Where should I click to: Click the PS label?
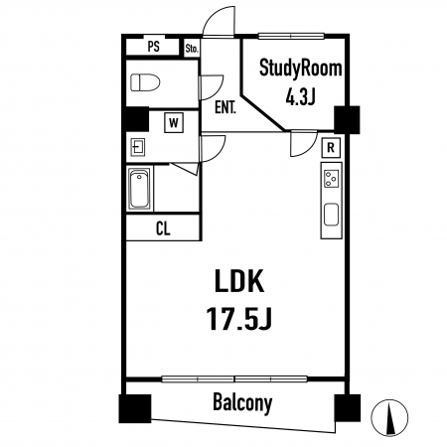point(153,47)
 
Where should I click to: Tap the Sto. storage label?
point(192,49)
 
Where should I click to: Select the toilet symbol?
point(145,82)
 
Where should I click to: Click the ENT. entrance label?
point(225,107)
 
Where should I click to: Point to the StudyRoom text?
point(300,68)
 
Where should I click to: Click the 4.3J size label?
point(300,97)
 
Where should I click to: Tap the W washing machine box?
point(174,123)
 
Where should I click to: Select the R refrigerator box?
point(331,148)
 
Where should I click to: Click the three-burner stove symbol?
point(331,179)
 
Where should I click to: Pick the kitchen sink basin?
point(331,215)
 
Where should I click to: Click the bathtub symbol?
point(139,189)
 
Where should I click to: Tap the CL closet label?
point(163,228)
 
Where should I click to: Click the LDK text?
point(239,281)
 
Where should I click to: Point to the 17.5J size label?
point(239,318)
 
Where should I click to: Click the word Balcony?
point(242,403)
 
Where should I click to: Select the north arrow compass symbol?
point(389,417)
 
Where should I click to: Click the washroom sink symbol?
point(138,147)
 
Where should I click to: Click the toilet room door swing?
point(212,87)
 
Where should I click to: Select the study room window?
point(291,36)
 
